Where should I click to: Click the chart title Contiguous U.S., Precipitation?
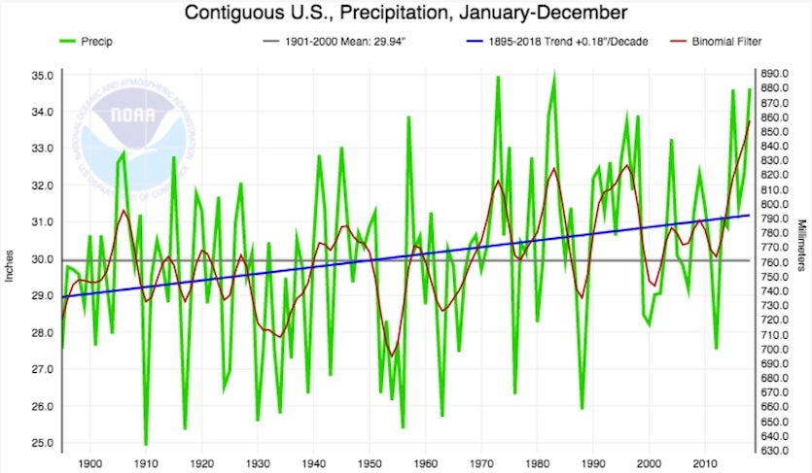[x=406, y=14]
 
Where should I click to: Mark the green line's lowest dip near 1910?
[x=146, y=443]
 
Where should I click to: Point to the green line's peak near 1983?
[x=554, y=75]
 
